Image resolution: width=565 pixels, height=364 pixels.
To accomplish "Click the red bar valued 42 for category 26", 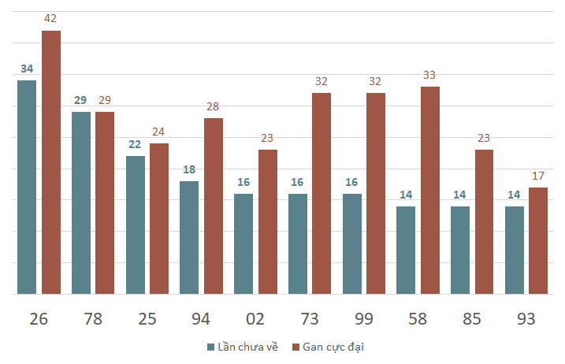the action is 51,162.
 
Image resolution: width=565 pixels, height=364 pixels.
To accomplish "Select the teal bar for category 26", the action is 27,187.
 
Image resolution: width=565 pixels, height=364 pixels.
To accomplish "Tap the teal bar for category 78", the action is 81,203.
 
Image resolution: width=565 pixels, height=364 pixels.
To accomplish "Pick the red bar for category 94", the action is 214,206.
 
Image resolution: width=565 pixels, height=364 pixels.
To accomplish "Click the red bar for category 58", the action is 430,191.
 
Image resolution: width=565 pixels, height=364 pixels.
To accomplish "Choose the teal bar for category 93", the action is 515,250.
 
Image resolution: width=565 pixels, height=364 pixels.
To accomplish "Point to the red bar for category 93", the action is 538,241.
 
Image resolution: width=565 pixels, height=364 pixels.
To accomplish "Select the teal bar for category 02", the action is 243,244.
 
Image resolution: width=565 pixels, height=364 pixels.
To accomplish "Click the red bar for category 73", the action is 322,194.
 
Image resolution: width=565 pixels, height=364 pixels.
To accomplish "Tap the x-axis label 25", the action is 147,319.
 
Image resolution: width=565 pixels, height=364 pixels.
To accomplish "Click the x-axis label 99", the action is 363,319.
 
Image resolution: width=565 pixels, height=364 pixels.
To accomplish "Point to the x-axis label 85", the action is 472,319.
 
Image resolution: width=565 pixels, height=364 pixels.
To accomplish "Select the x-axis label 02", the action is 255,319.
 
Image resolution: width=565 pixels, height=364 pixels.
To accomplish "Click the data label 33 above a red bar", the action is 429,75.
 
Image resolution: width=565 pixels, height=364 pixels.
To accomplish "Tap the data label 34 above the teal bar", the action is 27,69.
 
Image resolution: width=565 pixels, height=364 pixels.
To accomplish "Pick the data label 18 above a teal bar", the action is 189,169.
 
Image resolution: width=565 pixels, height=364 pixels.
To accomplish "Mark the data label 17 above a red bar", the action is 538,176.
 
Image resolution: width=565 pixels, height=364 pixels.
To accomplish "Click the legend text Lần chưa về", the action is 248,347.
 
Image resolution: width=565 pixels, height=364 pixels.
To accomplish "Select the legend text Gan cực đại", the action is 333,347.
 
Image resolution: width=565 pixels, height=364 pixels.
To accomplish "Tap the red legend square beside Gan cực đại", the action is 296,347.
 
